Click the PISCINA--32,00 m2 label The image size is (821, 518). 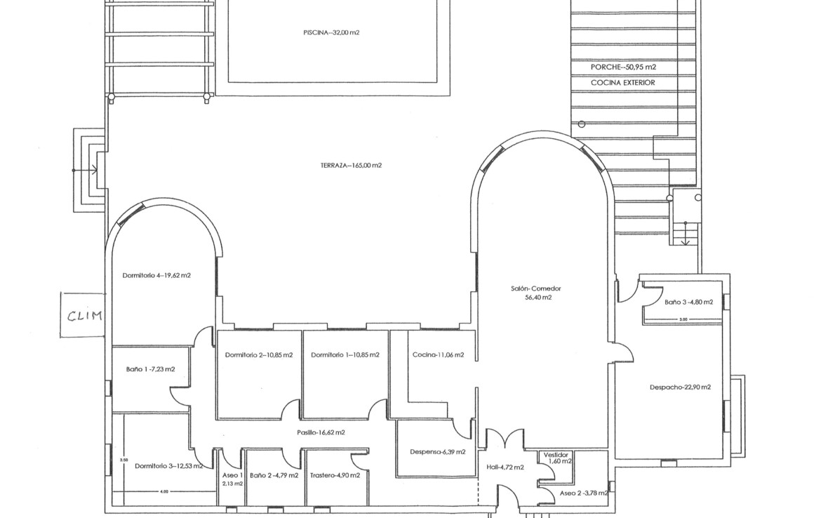pos(331,32)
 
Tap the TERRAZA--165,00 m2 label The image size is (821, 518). pos(352,166)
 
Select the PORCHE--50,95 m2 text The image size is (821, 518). pos(624,67)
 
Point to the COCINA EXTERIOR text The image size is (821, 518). pos(623,83)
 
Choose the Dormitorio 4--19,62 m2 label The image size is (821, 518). pos(156,276)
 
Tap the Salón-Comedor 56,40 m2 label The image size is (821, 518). pos(536,293)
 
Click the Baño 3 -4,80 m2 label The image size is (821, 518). pos(689,303)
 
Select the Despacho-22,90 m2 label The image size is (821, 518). pos(680,387)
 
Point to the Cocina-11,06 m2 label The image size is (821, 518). pos(439,355)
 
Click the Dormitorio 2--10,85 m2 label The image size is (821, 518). pos(259,355)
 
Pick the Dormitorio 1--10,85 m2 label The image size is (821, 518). pos(345,355)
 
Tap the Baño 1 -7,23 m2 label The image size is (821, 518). pos(151,369)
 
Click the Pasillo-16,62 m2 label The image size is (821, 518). pos(321,432)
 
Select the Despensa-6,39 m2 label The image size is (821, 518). pos(438,452)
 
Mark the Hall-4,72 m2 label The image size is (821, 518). pos(505,467)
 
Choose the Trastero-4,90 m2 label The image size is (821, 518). pos(335,476)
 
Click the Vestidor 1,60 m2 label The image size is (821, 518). pos(557,458)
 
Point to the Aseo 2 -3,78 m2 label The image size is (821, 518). pos(584,493)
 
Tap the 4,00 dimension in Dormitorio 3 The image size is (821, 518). pos(164,492)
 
